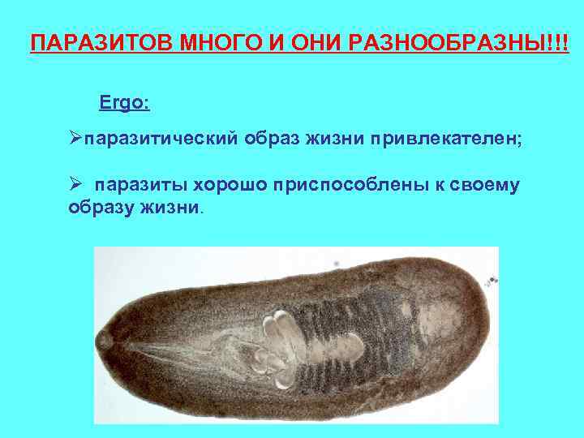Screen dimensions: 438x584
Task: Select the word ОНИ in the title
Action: pyautogui.click(x=290, y=41)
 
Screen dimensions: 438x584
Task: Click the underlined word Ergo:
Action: pyautogui.click(x=124, y=104)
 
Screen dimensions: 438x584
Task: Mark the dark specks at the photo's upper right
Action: pyautogui.click(x=492, y=280)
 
